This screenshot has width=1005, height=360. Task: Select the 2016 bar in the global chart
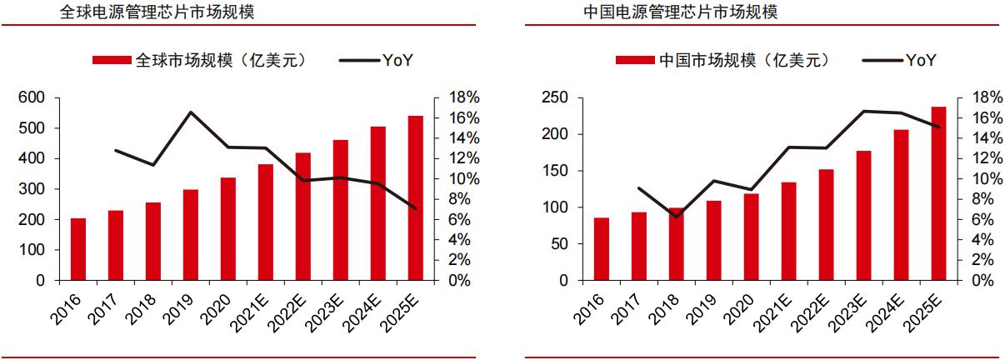click(x=78, y=249)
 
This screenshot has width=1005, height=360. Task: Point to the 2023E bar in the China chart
click(x=863, y=215)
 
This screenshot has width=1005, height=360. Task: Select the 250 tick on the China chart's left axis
click(x=554, y=97)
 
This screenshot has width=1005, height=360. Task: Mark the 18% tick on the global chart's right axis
click(x=463, y=97)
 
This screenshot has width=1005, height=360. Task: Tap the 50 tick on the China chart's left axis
click(x=558, y=244)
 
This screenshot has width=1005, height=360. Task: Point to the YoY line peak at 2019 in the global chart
click(x=191, y=112)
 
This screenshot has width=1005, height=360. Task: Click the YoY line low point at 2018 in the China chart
click(x=677, y=217)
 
